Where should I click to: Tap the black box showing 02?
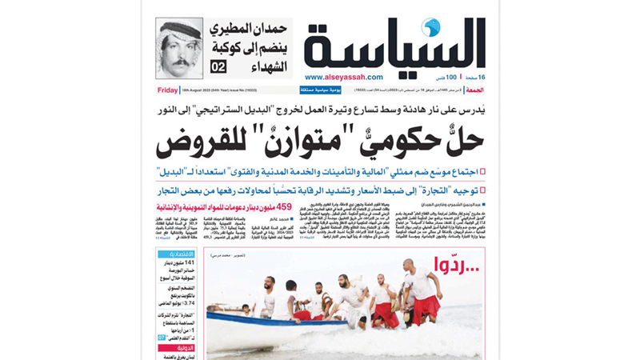(x=218, y=66)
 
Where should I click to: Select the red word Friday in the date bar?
(x=168, y=90)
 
